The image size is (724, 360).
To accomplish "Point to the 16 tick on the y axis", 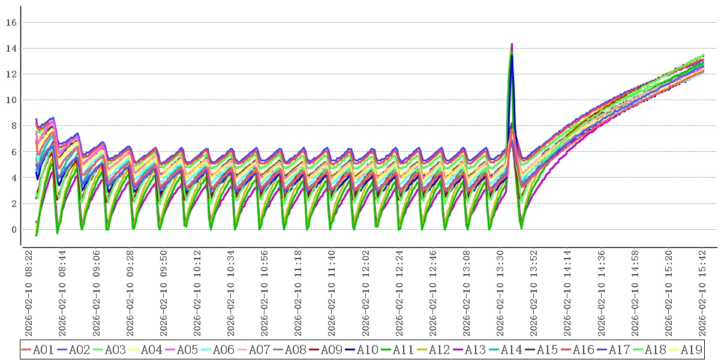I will [10, 23].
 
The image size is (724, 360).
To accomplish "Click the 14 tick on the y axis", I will [10, 49].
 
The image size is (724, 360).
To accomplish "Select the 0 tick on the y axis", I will [13, 230].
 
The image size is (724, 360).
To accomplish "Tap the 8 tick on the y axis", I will [13, 126].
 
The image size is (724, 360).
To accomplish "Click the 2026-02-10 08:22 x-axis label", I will [29, 294].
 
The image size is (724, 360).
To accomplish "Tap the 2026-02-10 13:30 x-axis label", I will [501, 294].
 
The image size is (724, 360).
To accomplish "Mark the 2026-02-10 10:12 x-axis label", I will [197, 294].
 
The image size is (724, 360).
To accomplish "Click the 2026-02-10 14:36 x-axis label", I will [602, 294].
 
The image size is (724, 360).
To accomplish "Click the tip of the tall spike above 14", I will [512, 44].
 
